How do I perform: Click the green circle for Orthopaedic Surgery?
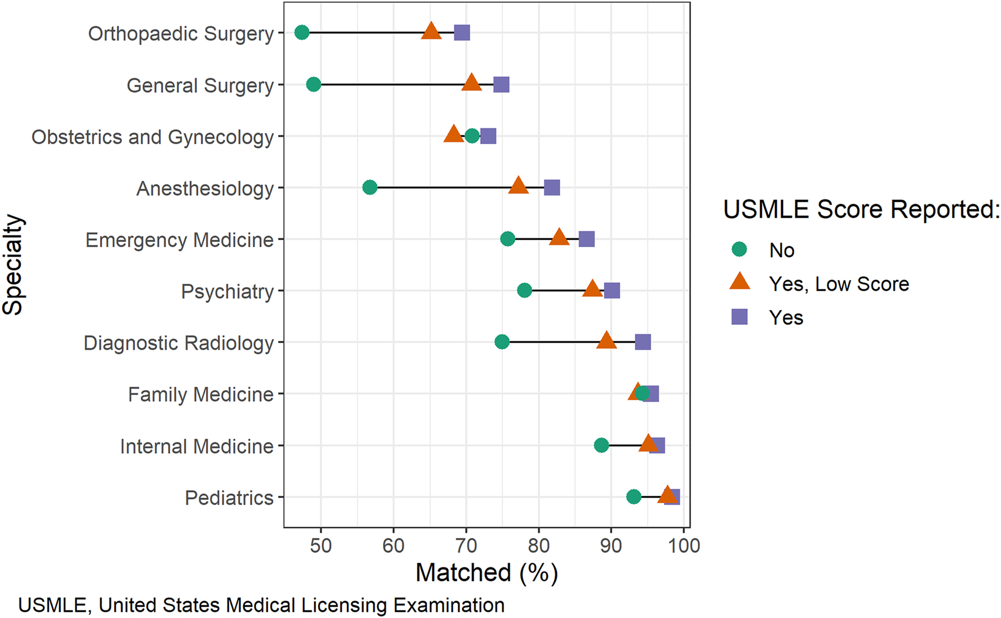[302, 32]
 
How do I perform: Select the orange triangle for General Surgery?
[471, 83]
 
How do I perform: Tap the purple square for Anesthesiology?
[551, 188]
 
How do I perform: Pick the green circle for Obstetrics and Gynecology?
[472, 137]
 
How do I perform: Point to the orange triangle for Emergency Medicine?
[559, 238]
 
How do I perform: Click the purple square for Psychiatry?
[612, 291]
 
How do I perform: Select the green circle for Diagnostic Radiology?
[502, 342]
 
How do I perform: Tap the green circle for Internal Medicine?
[601, 446]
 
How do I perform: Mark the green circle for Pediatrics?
[633, 497]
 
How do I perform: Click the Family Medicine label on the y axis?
[200, 394]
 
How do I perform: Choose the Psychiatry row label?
[227, 291]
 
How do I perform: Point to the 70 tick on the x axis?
[466, 546]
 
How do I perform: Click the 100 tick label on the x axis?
[683, 546]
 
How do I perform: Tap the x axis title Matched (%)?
[487, 573]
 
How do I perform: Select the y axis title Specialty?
[13, 265]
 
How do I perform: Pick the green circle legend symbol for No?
[739, 250]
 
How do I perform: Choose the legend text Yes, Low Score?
[838, 284]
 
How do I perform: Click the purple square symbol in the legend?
[739, 317]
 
